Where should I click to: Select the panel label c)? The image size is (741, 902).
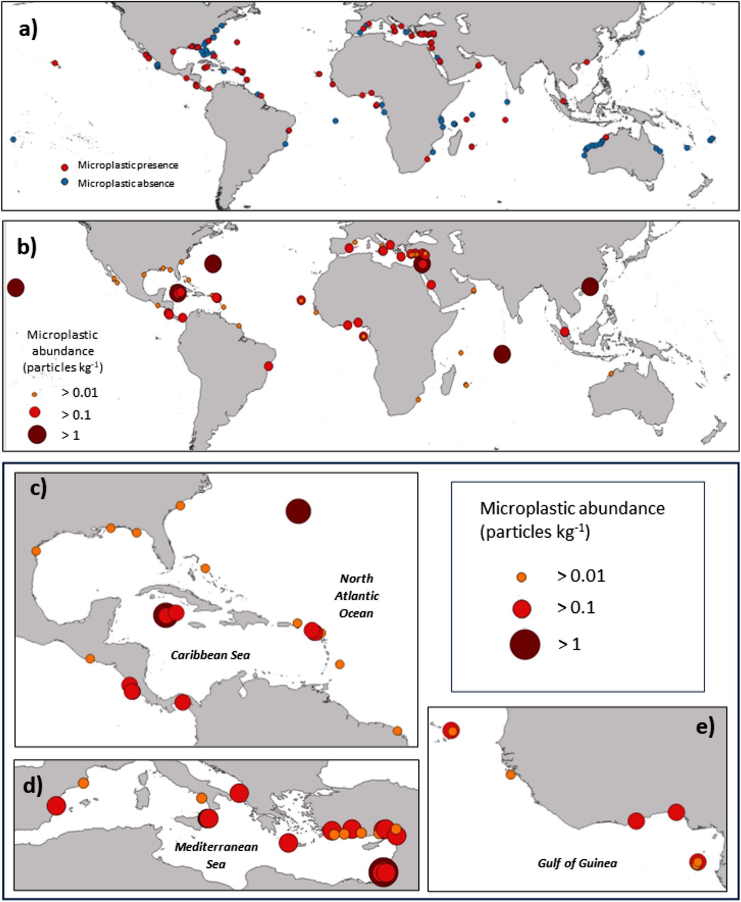(x=38, y=488)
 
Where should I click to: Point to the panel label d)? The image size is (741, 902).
(x=32, y=786)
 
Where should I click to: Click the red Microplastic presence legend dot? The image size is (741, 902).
(x=64, y=167)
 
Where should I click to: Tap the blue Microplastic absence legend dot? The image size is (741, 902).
(x=64, y=182)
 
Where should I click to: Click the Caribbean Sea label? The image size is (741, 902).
(x=210, y=655)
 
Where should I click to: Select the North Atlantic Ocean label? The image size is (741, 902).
(x=356, y=596)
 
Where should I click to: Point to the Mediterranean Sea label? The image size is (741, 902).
(x=216, y=855)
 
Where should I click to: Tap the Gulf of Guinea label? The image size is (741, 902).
(x=577, y=863)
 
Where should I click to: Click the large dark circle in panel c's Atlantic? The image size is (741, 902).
(x=298, y=511)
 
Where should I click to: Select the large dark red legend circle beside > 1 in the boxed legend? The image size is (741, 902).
(x=524, y=644)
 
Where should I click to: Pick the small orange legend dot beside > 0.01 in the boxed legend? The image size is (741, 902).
(x=521, y=578)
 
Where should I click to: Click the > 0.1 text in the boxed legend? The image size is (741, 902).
(x=576, y=608)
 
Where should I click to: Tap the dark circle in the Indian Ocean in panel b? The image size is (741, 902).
(x=502, y=354)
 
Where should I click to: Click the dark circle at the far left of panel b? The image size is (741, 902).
(x=15, y=288)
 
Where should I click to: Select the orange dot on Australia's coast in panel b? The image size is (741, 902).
(x=611, y=373)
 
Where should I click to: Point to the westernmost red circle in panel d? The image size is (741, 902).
(x=56, y=806)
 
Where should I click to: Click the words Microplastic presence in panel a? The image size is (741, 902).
(x=128, y=165)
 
